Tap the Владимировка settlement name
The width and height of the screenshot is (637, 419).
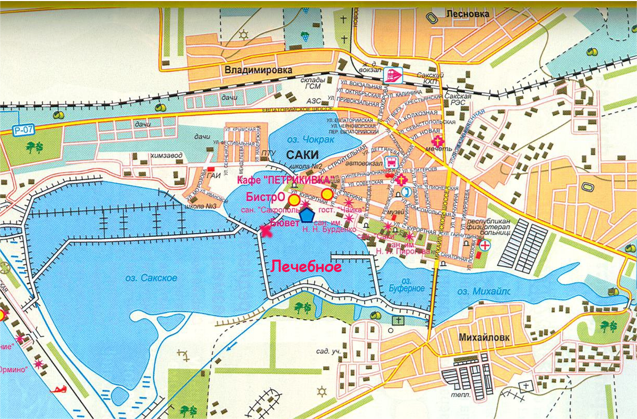tap(251, 70)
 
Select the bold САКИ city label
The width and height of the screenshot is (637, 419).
tap(302, 155)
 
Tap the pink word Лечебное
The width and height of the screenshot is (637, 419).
tap(306, 267)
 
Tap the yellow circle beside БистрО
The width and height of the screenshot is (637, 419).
tap(294, 200)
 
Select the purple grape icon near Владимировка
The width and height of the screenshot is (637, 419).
tap(306, 36)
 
